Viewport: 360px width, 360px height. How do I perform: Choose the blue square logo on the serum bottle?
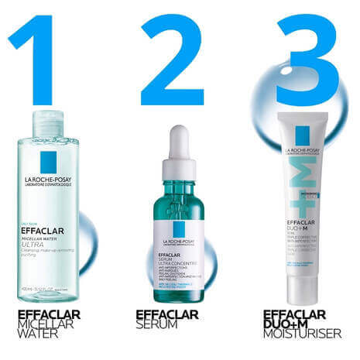[x=180, y=228]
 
